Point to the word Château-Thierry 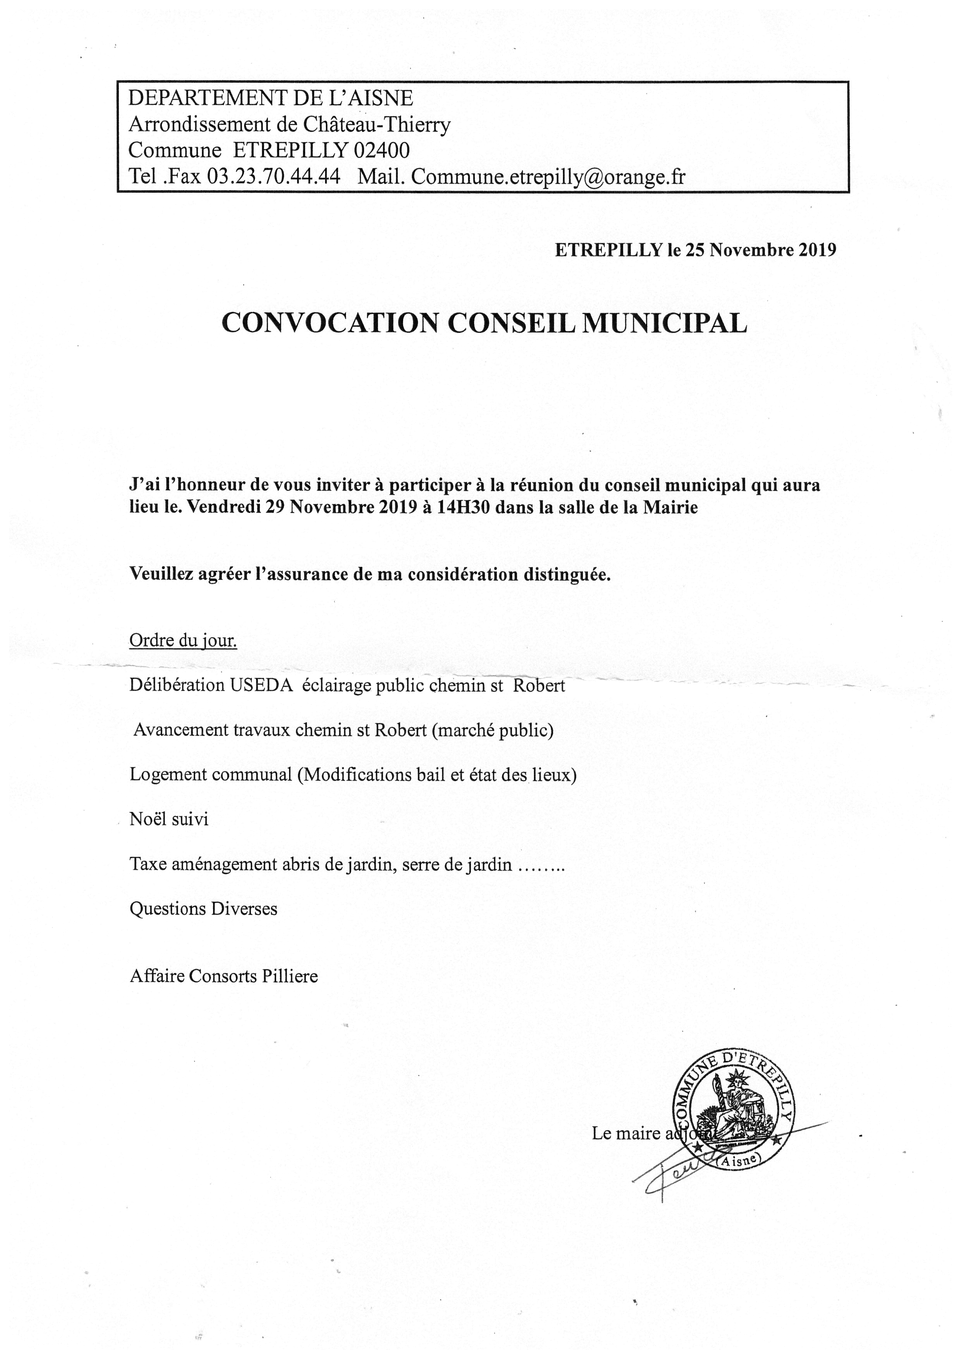[376, 124]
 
